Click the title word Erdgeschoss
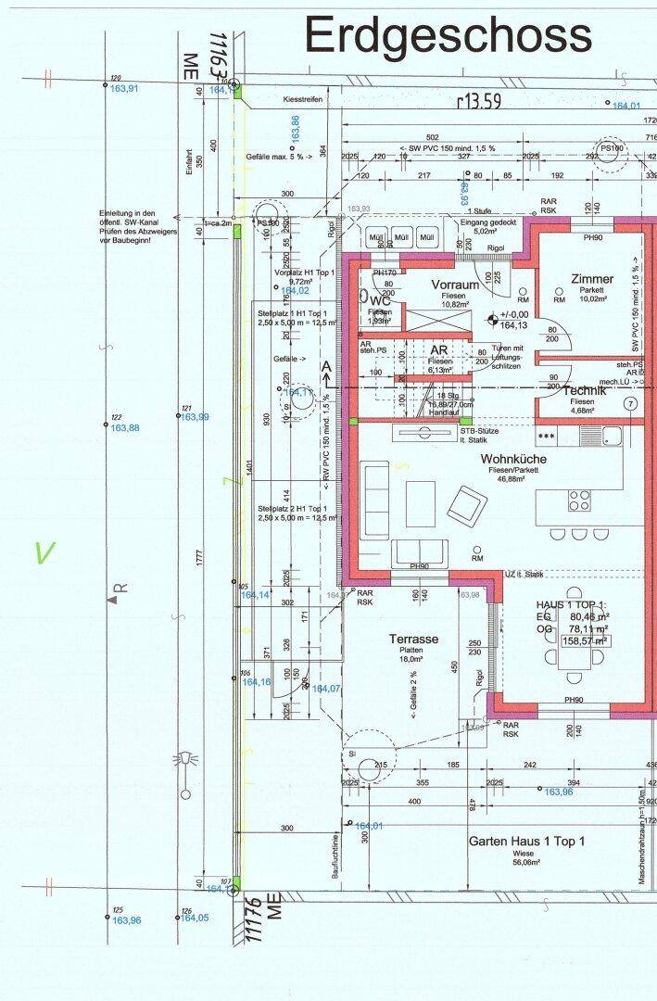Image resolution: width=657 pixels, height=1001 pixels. (448, 35)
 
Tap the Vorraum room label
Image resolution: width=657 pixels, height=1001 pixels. (454, 285)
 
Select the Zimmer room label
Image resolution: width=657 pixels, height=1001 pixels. (591, 279)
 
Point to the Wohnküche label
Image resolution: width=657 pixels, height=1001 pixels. (513, 459)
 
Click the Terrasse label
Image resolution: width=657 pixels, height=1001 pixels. (413, 639)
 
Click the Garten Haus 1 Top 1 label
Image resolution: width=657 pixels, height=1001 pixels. (526, 842)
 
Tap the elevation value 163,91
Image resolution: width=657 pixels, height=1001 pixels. (124, 89)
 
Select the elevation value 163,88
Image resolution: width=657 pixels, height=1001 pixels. (125, 428)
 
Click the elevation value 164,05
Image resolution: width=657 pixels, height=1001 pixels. (194, 918)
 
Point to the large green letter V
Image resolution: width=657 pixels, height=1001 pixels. (44, 553)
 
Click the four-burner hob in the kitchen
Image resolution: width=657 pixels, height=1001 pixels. (580, 501)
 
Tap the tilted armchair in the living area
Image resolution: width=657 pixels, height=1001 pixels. (466, 505)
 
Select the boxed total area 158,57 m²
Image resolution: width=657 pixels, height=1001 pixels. (586, 640)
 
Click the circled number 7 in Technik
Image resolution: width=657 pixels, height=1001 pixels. (630, 403)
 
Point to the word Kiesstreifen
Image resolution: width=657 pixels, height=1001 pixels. (303, 98)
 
